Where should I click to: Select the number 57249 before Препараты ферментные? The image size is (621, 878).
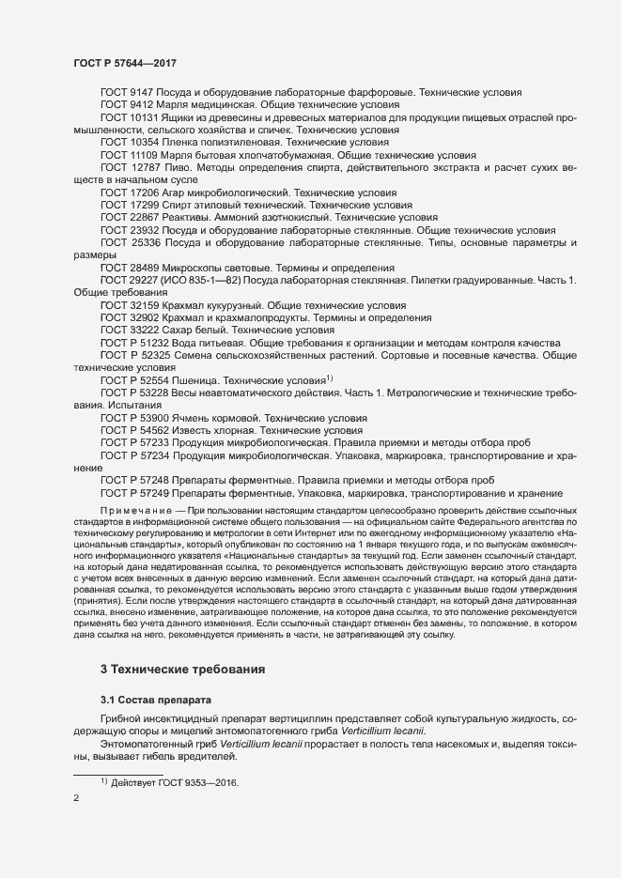(x=150, y=493)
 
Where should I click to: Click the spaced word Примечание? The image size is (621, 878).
(x=142, y=508)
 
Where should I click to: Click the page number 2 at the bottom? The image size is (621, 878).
(x=76, y=799)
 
